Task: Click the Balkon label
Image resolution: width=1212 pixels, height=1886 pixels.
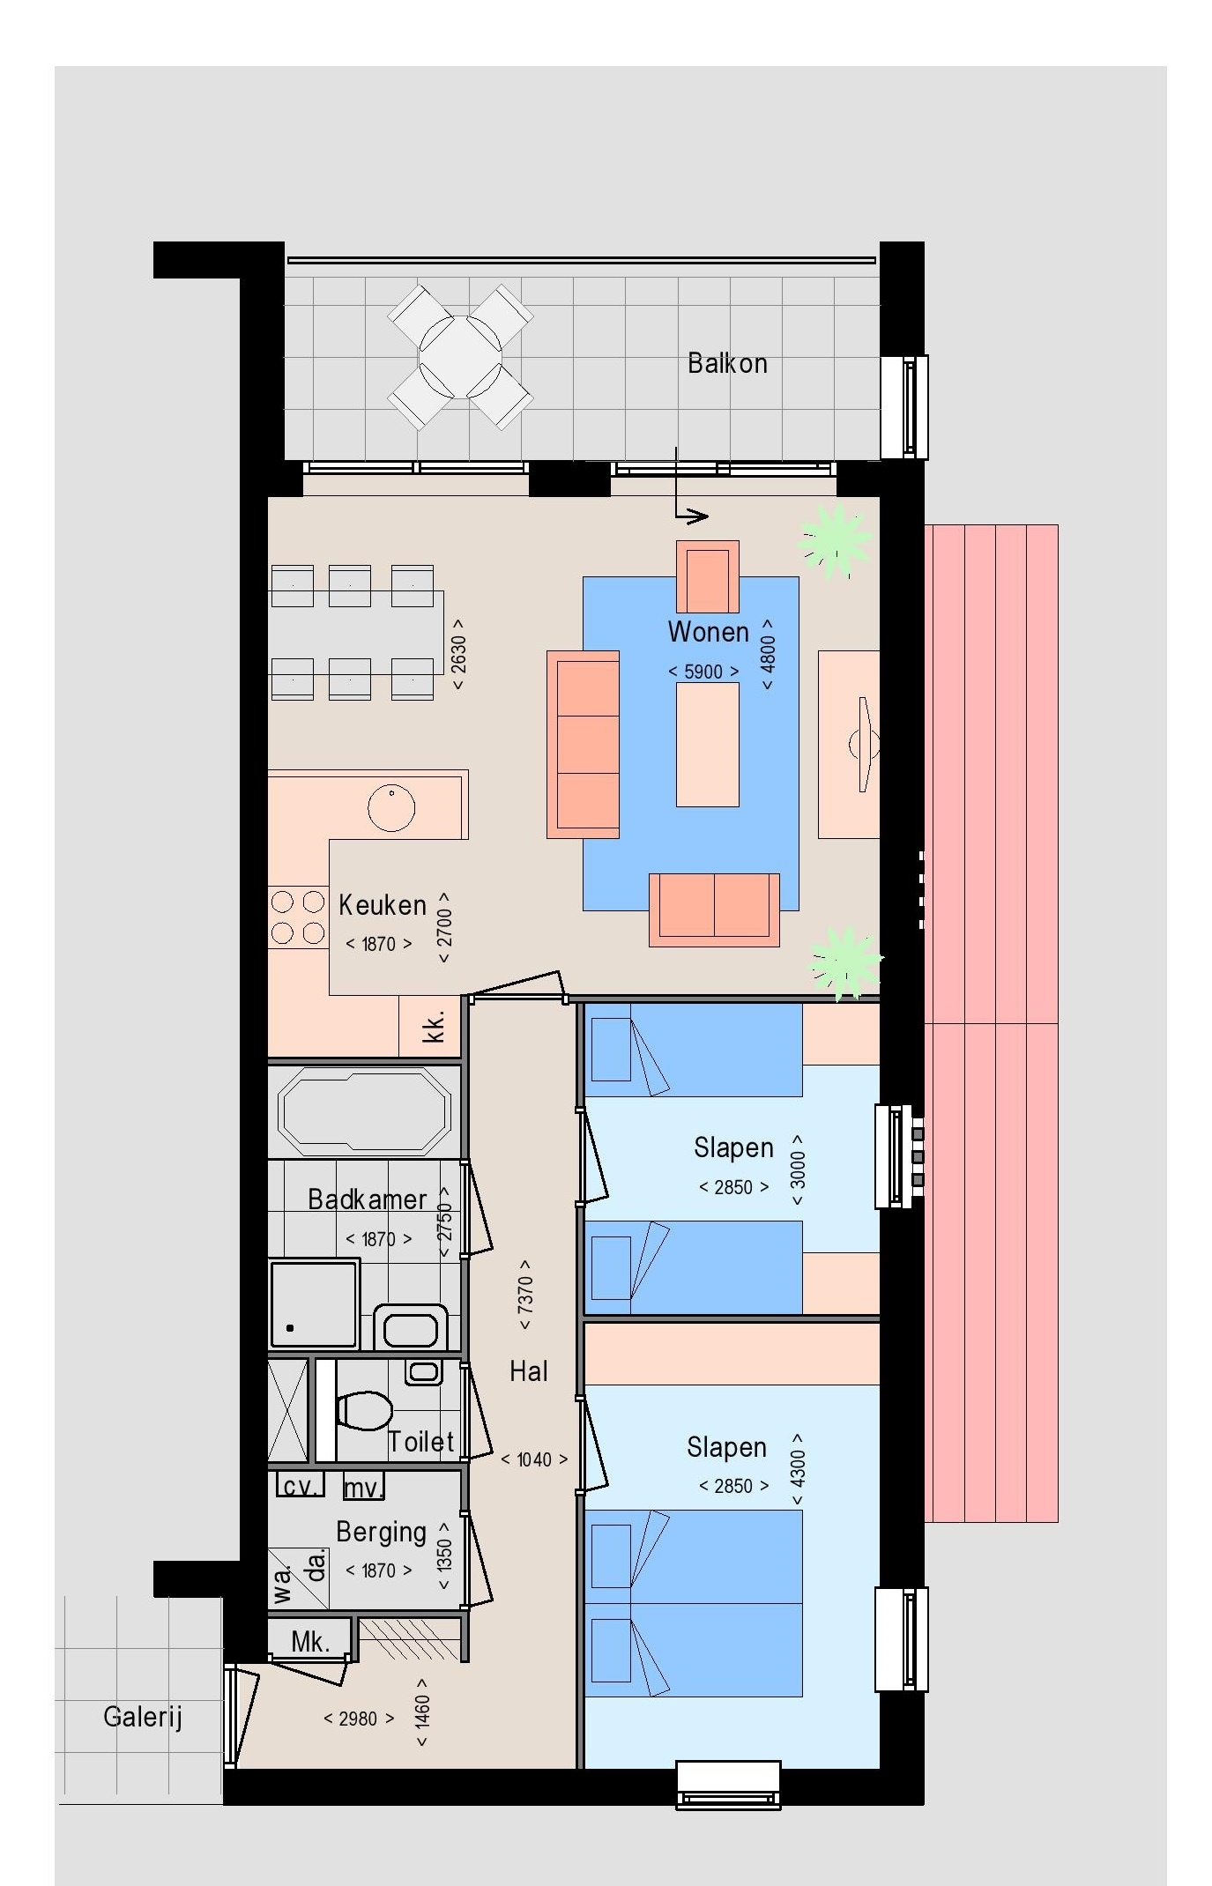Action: (x=727, y=363)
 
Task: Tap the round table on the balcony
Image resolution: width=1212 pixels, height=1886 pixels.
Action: (x=460, y=356)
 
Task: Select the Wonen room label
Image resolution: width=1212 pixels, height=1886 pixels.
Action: (x=708, y=632)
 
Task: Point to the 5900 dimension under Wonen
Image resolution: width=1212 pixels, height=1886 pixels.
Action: (x=703, y=672)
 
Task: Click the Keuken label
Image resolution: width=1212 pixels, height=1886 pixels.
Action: (x=383, y=905)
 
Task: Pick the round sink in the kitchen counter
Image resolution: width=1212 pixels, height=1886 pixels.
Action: (x=391, y=807)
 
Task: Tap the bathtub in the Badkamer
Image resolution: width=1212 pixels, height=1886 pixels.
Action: (x=365, y=1111)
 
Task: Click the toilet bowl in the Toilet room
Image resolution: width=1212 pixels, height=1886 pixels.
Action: (x=364, y=1409)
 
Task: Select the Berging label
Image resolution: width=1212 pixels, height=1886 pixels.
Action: (x=381, y=1533)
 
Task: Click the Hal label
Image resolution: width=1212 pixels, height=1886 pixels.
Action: (x=529, y=1370)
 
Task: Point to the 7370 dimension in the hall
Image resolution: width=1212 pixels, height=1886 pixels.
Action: (x=525, y=1296)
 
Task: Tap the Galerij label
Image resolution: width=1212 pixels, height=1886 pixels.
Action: (x=143, y=1717)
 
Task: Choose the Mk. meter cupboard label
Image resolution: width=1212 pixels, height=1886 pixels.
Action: (x=310, y=1642)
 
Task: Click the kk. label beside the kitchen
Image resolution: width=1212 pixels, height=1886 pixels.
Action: (x=434, y=1028)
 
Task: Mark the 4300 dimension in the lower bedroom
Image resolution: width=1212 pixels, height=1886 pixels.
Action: (x=798, y=1469)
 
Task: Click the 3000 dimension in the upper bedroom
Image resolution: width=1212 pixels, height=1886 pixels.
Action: (x=798, y=1169)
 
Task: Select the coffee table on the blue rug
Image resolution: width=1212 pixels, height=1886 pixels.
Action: (x=707, y=744)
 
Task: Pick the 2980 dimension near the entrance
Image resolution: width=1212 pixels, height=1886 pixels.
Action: (x=359, y=1719)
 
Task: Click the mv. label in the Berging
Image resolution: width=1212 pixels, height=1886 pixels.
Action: (x=363, y=1488)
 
